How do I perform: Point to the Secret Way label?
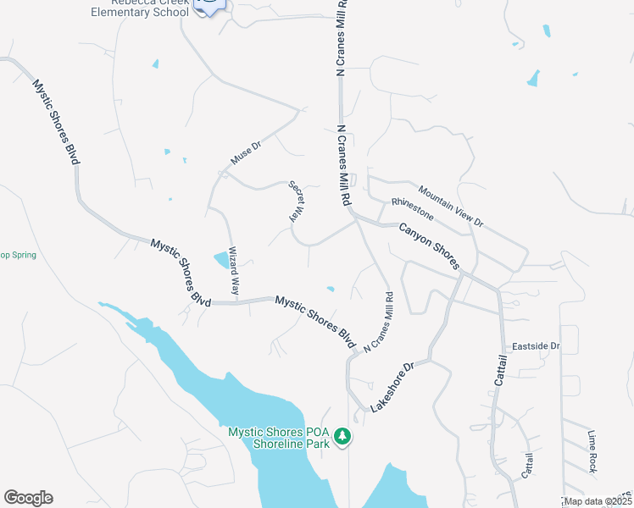[x=298, y=202]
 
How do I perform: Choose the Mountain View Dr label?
[x=450, y=207]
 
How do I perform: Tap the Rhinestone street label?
[x=412, y=208]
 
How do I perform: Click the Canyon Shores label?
[x=429, y=246]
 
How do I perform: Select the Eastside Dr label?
[x=536, y=346]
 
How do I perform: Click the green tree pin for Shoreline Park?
[x=342, y=437]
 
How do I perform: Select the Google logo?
[x=28, y=498]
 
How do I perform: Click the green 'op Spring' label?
[x=18, y=254]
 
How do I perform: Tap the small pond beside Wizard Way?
[x=221, y=259]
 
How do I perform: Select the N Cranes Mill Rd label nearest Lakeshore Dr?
[x=379, y=323]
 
